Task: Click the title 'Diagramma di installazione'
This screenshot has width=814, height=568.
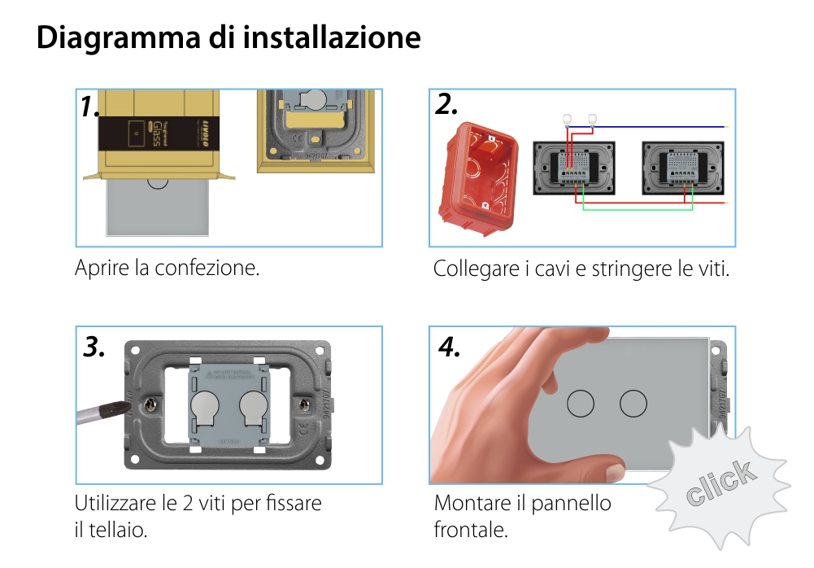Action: (x=229, y=38)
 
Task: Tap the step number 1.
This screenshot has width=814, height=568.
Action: (x=90, y=107)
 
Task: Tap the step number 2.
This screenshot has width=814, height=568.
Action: (x=447, y=104)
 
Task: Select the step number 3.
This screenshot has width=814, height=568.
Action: (x=94, y=347)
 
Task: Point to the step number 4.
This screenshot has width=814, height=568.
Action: (x=450, y=347)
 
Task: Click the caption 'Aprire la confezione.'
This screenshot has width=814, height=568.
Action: (x=167, y=268)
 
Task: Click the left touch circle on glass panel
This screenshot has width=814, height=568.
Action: (x=581, y=403)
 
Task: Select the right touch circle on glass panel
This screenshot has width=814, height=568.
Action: (x=633, y=403)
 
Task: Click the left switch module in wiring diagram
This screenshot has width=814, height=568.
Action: (x=574, y=168)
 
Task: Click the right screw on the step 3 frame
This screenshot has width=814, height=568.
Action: (x=303, y=404)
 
